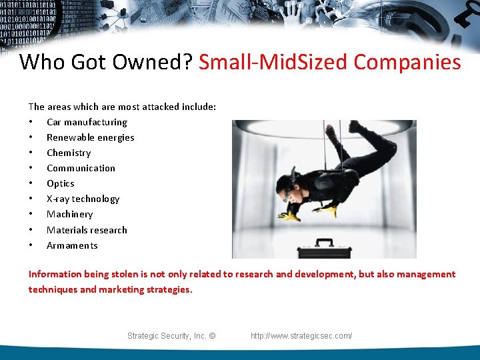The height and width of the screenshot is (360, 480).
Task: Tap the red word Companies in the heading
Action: [407, 62]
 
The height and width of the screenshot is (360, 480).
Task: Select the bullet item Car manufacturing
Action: [87, 122]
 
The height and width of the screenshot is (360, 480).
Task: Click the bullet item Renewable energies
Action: [90, 137]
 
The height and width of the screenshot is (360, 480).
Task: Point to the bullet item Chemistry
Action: [69, 153]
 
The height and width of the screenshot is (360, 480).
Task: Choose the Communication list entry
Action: [81, 168]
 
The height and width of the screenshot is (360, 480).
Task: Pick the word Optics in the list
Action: [61, 183]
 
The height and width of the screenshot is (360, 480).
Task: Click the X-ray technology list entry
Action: [83, 199]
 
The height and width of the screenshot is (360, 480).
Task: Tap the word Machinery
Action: [69, 214]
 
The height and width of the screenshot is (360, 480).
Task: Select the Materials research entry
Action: [87, 230]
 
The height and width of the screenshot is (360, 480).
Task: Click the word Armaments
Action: [72, 245]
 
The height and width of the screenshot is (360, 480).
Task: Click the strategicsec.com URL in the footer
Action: [301, 336]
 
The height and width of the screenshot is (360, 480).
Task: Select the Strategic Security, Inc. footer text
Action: [171, 336]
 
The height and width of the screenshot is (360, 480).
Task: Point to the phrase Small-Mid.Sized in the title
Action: [273, 62]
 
